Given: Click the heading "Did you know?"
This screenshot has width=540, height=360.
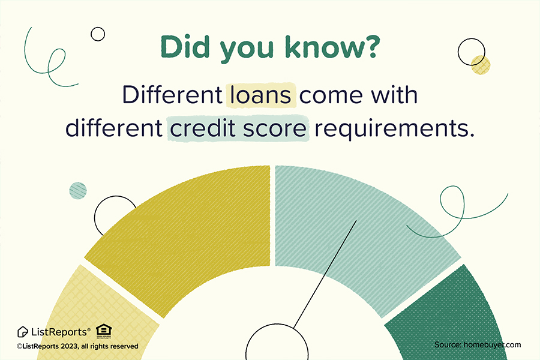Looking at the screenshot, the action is pyautogui.click(x=271, y=47).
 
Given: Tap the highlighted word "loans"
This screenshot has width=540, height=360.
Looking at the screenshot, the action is pyautogui.click(x=261, y=95).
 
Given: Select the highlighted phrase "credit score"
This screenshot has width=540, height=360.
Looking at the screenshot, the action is pyautogui.click(x=238, y=128).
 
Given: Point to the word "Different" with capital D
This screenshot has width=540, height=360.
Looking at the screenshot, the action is pyautogui.click(x=173, y=95).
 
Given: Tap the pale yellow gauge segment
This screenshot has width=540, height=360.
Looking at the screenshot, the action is pyautogui.click(x=97, y=313).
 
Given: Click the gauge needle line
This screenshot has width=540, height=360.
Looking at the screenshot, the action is pyautogui.click(x=325, y=274).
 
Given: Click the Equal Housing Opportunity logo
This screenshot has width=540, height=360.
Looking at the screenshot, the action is pyautogui.click(x=104, y=331).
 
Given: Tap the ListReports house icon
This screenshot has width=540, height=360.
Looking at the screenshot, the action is pyautogui.click(x=22, y=332).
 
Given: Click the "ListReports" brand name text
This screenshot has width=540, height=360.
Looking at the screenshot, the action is pyautogui.click(x=60, y=332).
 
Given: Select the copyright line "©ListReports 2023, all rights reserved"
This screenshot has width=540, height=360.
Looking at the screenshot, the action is pyautogui.click(x=77, y=346).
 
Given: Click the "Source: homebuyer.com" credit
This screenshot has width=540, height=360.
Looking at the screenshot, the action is pyautogui.click(x=478, y=345).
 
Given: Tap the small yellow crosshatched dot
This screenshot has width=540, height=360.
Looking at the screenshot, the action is pyautogui.click(x=481, y=65).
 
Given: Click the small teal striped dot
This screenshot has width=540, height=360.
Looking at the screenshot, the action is pyautogui.click(x=78, y=191).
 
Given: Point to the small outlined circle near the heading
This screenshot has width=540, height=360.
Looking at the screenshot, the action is pyautogui.click(x=98, y=34).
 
